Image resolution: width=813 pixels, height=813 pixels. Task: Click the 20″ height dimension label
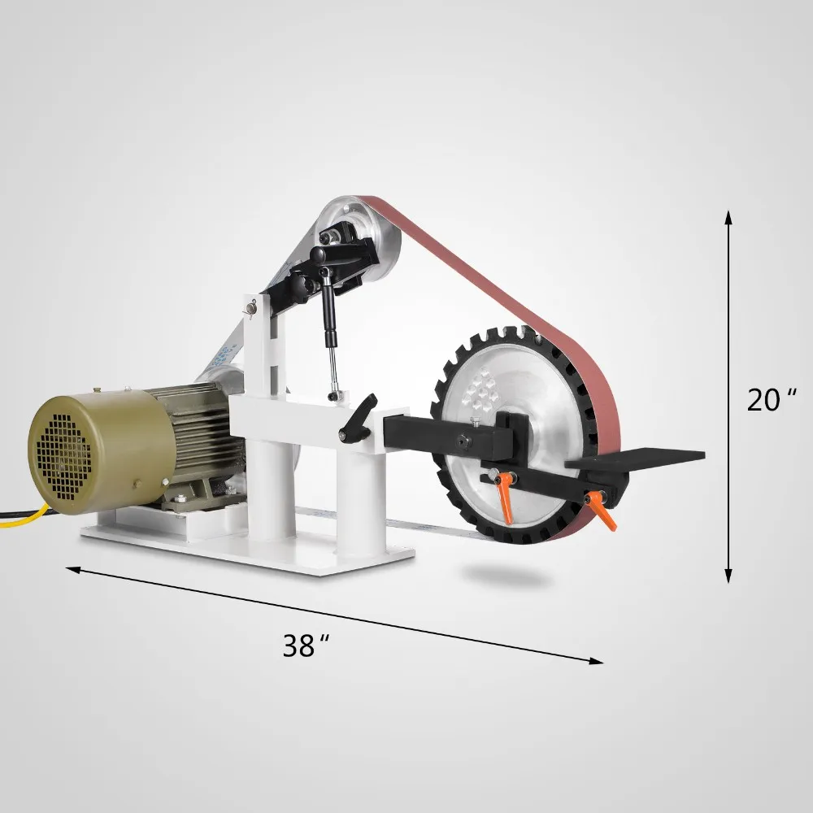pyautogui.click(x=771, y=400)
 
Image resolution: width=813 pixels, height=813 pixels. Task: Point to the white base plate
pyautogui.click(x=244, y=553)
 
